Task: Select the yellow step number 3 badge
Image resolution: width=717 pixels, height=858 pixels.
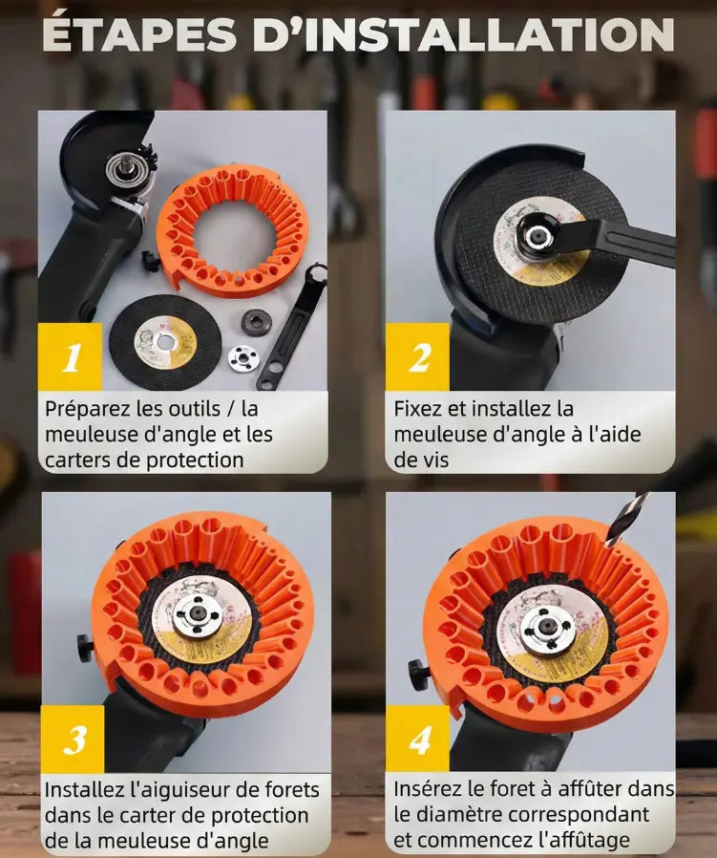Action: coord(73,739)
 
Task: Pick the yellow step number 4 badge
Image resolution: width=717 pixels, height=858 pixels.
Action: coord(417,739)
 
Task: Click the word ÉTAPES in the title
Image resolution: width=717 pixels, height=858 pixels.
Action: coord(139,35)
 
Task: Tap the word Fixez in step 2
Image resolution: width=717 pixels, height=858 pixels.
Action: coord(416,408)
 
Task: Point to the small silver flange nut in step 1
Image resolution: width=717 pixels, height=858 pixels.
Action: coord(243,357)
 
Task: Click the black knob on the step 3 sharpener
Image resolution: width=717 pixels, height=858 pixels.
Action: coord(85,649)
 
